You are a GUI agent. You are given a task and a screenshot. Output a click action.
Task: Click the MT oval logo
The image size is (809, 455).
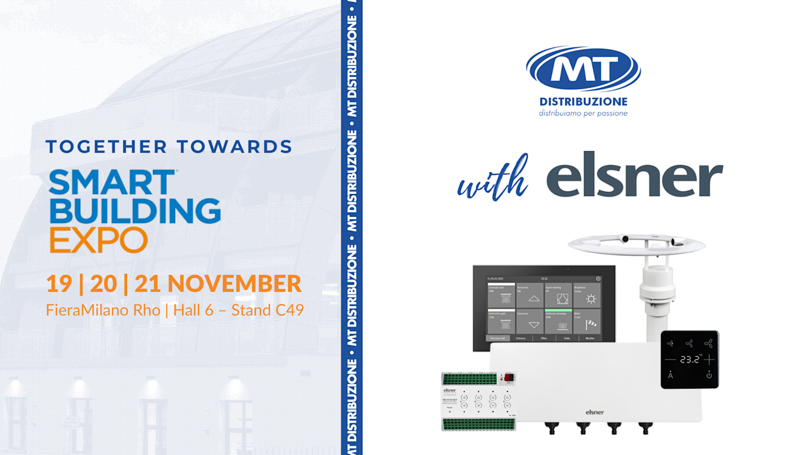[583, 68]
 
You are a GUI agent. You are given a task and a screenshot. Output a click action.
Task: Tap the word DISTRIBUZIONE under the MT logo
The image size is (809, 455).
[583, 101]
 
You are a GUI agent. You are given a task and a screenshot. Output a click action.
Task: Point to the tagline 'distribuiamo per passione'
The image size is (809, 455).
[583, 114]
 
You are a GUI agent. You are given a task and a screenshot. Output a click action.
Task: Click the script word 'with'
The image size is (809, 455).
[493, 180]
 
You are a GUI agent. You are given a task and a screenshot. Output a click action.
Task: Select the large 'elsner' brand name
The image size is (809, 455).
[635, 174]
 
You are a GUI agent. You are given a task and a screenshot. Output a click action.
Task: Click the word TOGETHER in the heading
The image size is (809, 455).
[106, 147]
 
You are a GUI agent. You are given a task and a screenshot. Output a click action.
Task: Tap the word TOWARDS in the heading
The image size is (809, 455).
[234, 147]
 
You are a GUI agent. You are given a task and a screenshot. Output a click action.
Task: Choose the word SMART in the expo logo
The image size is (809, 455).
[112, 183]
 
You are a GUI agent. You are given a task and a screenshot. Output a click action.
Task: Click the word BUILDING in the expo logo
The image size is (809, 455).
[135, 210]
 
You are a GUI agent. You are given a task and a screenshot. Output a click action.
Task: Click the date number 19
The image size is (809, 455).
[59, 284]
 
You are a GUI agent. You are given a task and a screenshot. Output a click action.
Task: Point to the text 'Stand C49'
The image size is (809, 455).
[267, 310]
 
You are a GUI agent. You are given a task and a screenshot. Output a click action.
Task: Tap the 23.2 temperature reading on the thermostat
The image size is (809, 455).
[690, 360]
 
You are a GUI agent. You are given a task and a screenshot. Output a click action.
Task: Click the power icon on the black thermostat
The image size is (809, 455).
[709, 375]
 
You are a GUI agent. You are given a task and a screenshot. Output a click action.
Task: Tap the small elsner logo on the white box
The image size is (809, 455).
[595, 412]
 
